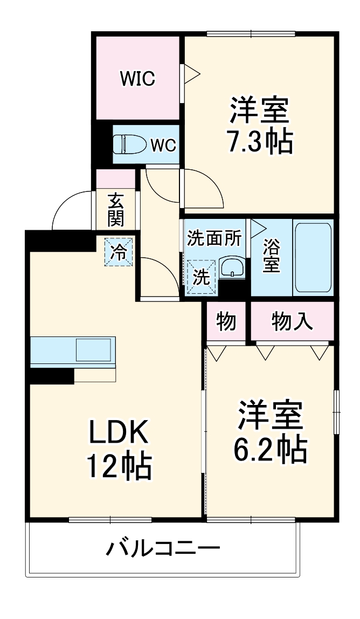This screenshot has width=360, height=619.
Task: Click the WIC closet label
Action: (x=137, y=79)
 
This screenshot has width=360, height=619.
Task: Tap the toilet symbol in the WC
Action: (x=129, y=145)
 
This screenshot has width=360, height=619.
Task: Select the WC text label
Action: (x=163, y=146)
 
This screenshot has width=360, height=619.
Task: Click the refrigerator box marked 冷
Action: (x=117, y=251)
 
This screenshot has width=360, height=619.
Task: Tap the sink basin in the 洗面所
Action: (x=232, y=266)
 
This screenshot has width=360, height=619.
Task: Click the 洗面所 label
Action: (x=214, y=238)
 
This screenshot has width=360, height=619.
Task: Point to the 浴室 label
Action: (x=271, y=258)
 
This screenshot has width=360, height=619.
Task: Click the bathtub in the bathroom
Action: (x=313, y=257)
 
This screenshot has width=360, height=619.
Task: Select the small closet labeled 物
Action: (x=226, y=321)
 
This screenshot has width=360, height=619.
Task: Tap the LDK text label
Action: (x=119, y=431)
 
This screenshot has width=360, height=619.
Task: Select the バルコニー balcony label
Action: (x=163, y=550)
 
